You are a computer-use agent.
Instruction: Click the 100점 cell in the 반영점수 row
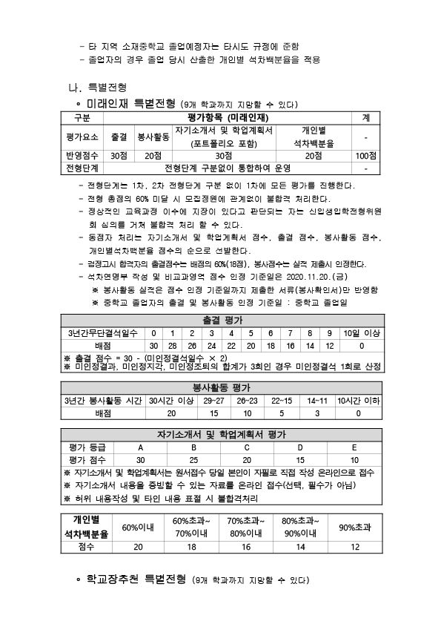pyautogui.click(x=365, y=156)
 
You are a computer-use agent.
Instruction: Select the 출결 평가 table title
pyautogui.click(x=220, y=320)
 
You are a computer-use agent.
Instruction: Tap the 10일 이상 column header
pyautogui.click(x=361, y=332)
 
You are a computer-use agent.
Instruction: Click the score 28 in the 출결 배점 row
pyautogui.click(x=173, y=346)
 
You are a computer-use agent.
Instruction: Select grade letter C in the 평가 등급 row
pyautogui.click(x=246, y=448)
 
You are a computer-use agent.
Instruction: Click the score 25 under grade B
pyautogui.click(x=193, y=461)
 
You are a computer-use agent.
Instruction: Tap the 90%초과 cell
pyautogui.click(x=354, y=527)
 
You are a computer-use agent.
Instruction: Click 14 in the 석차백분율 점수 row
pyautogui.click(x=300, y=546)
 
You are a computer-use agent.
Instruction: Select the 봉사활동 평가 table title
pyautogui.click(x=220, y=388)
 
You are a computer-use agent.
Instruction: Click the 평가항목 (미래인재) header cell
pyautogui.click(x=223, y=118)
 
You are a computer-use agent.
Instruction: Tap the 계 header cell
pyautogui.click(x=365, y=118)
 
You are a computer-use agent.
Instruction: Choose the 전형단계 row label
pyautogui.click(x=78, y=168)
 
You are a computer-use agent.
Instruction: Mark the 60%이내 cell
pyautogui.click(x=138, y=527)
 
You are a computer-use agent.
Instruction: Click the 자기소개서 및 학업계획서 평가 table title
pyautogui.click(x=220, y=435)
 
